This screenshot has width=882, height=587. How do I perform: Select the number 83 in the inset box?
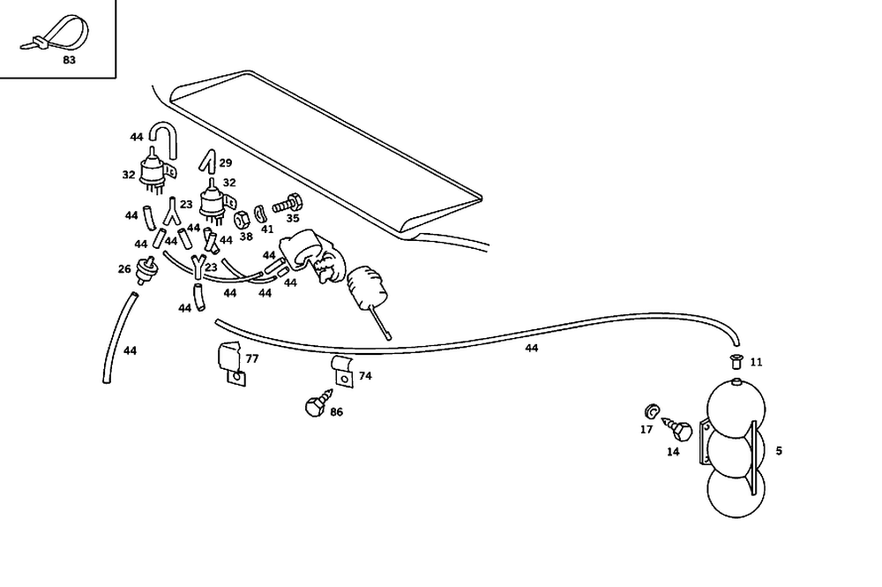click(70, 60)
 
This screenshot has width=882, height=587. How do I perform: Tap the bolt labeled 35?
click(287, 204)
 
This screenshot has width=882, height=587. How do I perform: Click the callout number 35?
click(293, 218)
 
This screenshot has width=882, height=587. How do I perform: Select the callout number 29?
click(226, 163)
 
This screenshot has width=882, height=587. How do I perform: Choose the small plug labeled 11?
click(735, 360)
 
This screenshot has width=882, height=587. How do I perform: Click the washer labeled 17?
click(651, 411)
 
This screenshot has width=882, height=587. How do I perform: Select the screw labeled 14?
click(680, 433)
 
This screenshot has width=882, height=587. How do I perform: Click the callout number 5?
click(779, 451)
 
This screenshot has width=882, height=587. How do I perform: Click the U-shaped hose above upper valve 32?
click(161, 138)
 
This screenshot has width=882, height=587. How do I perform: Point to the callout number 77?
click(252, 359)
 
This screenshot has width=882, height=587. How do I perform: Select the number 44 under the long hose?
click(532, 349)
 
